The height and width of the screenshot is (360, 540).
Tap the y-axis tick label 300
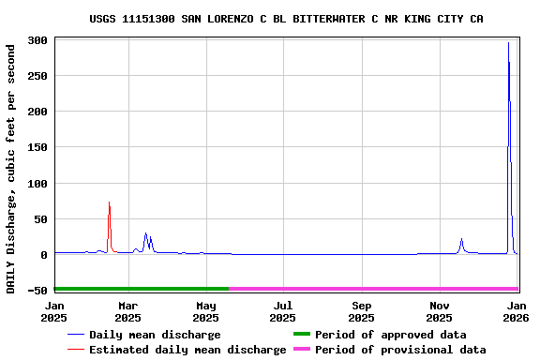(37, 40)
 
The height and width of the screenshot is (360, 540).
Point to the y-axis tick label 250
(37, 76)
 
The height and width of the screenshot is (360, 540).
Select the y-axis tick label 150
(37, 147)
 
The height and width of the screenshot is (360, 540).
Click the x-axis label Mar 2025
(128, 311)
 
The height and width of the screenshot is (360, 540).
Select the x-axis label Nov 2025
(439, 311)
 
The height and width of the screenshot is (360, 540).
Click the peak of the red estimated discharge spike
(109, 202)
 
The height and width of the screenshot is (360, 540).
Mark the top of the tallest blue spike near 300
(508, 43)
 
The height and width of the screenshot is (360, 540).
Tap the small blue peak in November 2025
(461, 239)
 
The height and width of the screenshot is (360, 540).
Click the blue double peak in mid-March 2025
(145, 234)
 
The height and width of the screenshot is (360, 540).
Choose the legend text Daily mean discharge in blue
(155, 335)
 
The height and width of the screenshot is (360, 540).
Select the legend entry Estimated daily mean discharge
(187, 350)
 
